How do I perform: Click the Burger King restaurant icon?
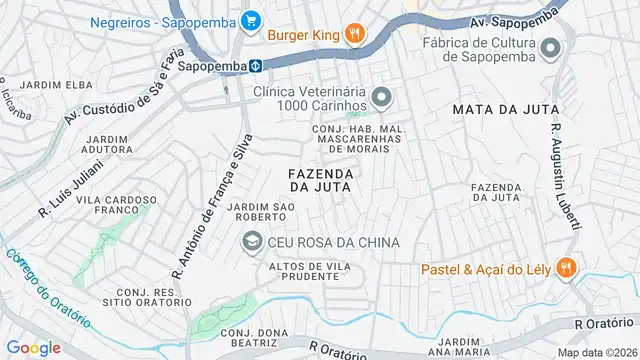click(354, 35)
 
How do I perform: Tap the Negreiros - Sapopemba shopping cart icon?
click(250, 19)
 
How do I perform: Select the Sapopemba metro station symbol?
click(256, 66)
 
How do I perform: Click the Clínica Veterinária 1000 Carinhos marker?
click(381, 97)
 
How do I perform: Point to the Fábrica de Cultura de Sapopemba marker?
click(549, 49)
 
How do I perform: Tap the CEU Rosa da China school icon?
click(251, 242)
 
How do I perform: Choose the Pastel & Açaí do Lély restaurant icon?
click(566, 267)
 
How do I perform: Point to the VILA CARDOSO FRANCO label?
click(116, 205)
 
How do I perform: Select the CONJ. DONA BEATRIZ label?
click(249, 337)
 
